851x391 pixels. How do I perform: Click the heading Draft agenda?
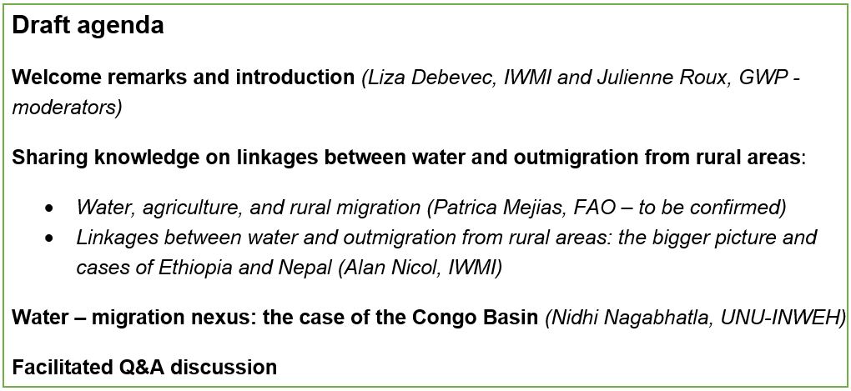click(x=88, y=26)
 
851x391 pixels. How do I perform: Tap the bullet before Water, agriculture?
click(x=50, y=208)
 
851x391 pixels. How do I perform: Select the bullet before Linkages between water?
click(x=50, y=238)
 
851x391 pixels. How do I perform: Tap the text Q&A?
click(x=136, y=367)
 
